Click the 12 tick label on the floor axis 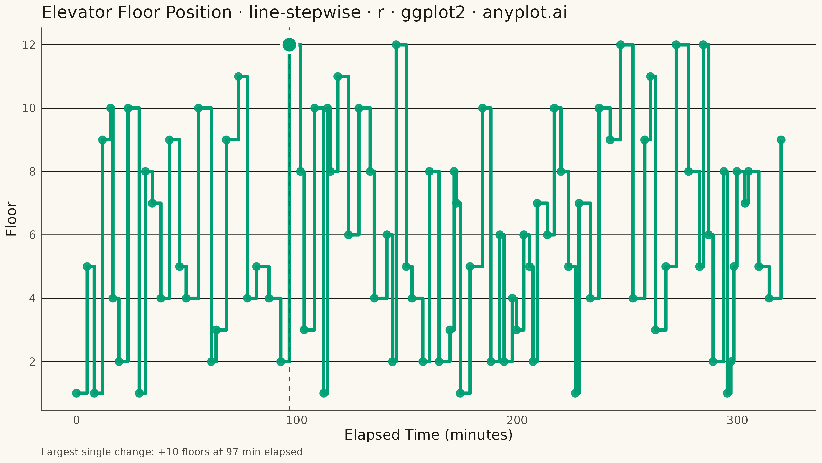click(x=29, y=45)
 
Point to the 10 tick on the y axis click(x=29, y=108)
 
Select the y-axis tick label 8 click(x=32, y=172)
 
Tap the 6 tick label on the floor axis click(x=32, y=235)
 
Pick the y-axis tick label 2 click(x=32, y=362)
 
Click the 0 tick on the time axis click(x=77, y=420)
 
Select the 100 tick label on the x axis click(x=297, y=420)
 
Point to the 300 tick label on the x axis click(x=737, y=420)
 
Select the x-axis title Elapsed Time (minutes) click(x=428, y=435)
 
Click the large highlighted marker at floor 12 click(x=289, y=45)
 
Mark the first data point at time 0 click(x=77, y=393)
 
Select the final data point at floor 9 click(x=781, y=140)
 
